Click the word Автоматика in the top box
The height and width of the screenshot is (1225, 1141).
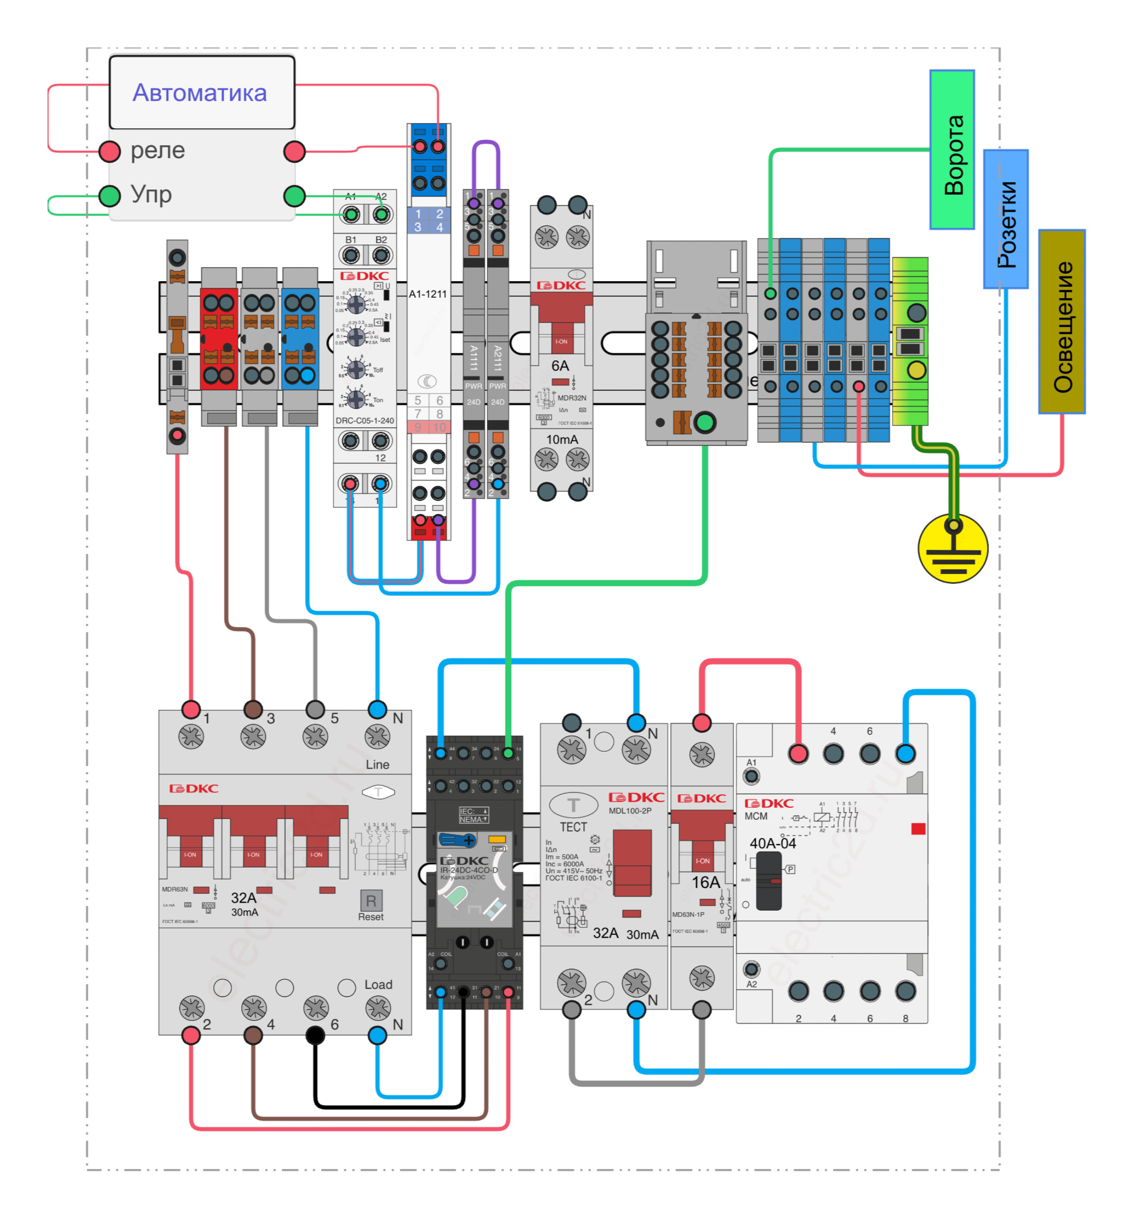coord(200,93)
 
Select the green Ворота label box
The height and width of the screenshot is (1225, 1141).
coord(952,150)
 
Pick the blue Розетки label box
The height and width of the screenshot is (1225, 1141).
coord(1006,219)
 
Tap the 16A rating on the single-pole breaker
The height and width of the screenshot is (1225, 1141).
coord(705,882)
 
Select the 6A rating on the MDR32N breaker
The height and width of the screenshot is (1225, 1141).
coord(560,366)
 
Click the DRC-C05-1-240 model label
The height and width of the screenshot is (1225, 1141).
coord(364,421)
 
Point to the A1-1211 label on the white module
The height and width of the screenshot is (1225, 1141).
coord(428,294)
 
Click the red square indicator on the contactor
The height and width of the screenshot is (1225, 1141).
coord(918,829)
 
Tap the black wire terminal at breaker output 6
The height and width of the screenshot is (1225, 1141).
coord(315,1035)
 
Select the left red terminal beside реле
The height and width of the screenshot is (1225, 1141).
coord(110,151)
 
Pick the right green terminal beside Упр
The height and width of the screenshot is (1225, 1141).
coord(295,196)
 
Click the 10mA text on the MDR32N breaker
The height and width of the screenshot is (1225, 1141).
coord(562,439)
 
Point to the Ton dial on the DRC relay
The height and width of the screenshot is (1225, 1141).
coord(356,399)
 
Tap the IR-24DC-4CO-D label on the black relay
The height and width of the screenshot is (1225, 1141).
coord(468,870)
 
